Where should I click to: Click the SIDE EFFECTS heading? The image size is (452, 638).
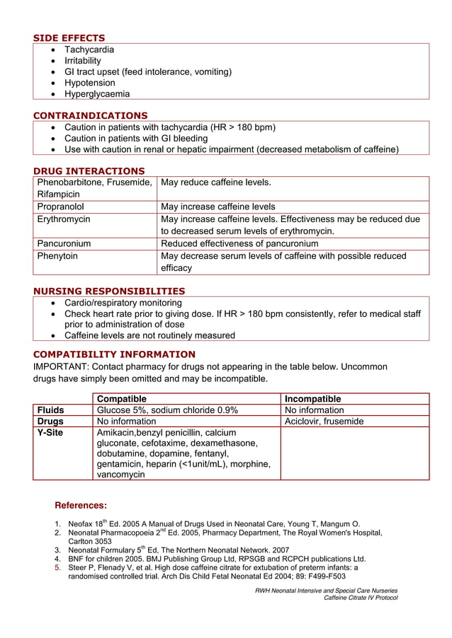coord(69,37)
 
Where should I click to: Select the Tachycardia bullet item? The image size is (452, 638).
coord(89,50)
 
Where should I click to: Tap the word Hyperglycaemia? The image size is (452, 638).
coord(97,93)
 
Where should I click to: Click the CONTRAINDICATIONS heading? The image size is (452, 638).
coord(90,115)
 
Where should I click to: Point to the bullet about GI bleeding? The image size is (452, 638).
coord(136,139)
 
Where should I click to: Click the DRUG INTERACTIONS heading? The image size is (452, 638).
coord(89,170)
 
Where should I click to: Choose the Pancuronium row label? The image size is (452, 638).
coord(64,243)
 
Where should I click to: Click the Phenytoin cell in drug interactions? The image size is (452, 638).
coord(57,256)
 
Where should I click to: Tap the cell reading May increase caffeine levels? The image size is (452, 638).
coord(218,207)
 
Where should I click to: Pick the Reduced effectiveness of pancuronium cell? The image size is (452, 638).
coord(239,243)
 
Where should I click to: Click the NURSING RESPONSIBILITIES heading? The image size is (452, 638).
coord(109,291)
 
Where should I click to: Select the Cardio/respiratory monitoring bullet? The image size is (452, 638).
coord(123,303)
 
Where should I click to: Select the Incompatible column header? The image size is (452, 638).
coord(312,399)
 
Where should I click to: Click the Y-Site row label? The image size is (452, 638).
coord(50,432)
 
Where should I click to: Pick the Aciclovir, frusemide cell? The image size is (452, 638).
coord(324,421)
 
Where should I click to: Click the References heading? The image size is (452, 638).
coord(81,506)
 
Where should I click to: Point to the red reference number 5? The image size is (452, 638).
coord(57,567)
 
